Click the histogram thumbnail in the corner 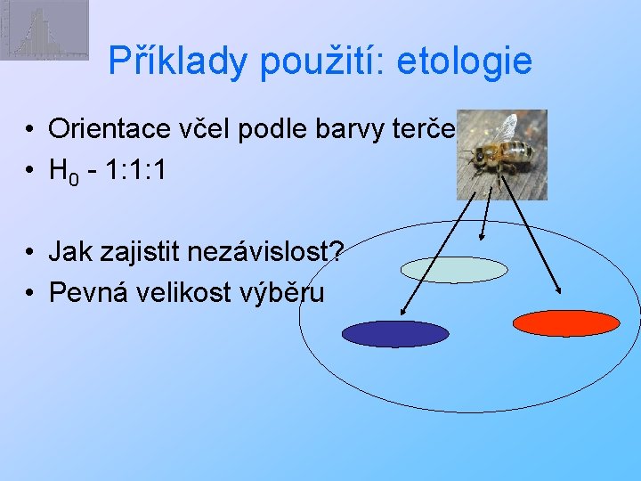tap(45, 29)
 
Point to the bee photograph tap(501, 154)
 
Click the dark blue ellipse tap(396, 333)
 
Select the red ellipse tap(566, 322)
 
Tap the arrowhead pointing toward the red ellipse tap(558, 289)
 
